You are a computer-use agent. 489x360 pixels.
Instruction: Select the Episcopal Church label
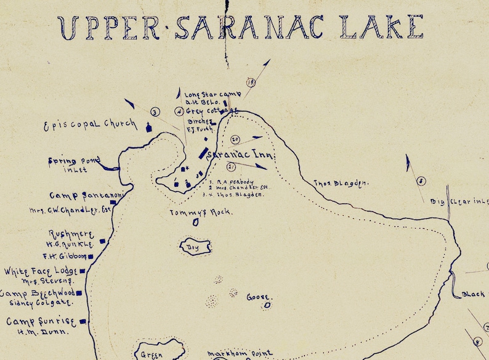89,125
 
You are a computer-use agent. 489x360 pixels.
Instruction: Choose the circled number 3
155,112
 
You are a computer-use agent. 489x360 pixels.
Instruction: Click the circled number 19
251,82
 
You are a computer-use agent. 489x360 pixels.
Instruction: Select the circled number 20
235,140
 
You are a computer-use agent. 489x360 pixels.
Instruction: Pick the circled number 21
231,166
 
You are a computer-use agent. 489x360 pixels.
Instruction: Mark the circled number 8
421,181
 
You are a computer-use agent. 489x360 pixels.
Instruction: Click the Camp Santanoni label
78,195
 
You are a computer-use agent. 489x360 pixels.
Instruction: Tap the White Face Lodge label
39,271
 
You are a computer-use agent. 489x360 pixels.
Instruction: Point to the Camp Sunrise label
40,321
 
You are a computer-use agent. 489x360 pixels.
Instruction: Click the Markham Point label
240,354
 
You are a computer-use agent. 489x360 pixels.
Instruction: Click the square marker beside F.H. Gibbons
91,256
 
